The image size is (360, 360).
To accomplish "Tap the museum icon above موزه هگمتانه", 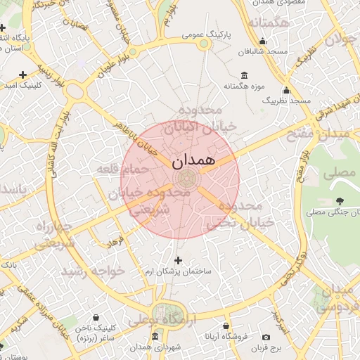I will point(244,75).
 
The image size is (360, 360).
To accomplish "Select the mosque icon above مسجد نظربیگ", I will point(286,90).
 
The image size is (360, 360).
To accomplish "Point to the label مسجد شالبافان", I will point(264,52).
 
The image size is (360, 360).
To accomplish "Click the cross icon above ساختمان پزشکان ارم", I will point(178,261).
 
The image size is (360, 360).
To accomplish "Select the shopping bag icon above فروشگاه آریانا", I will point(226,327).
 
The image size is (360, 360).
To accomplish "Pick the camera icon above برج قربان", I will point(266,337).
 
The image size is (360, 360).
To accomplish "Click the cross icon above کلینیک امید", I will point(23,74).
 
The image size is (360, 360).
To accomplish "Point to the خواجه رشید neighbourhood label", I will point(94,270).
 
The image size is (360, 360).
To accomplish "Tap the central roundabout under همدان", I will point(187,178).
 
